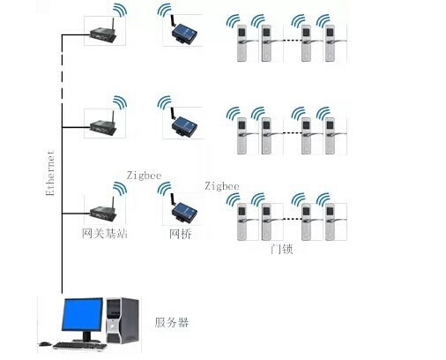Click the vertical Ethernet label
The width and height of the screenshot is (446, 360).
click(x=50, y=173)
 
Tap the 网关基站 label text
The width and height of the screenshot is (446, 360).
click(x=105, y=234)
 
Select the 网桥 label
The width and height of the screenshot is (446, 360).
click(x=181, y=234)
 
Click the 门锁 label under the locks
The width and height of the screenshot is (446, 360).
click(x=281, y=249)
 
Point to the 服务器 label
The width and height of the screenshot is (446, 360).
click(x=172, y=323)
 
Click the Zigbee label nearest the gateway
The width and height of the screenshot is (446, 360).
click(x=144, y=176)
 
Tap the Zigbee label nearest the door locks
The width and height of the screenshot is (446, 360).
click(x=222, y=186)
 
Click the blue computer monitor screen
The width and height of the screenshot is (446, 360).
click(x=82, y=314)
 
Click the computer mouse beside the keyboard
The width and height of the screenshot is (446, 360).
click(x=45, y=343)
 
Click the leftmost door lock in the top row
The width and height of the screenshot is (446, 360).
click(x=242, y=43)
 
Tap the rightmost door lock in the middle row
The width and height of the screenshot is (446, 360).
click(x=331, y=136)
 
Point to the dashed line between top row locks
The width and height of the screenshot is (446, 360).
click(x=292, y=41)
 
